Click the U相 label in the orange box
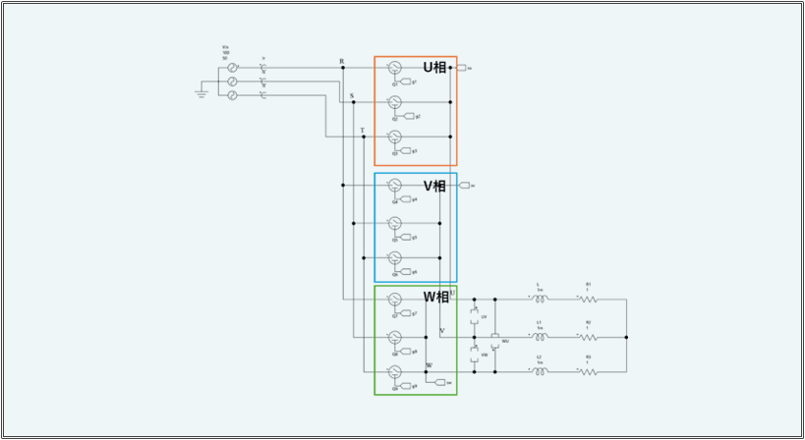pyautogui.click(x=434, y=67)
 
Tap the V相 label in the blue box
pyautogui.click(x=434, y=186)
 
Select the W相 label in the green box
pyautogui.click(x=435, y=297)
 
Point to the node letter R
pyautogui.click(x=341, y=62)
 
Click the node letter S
pyautogui.click(x=351, y=95)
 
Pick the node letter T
pyautogui.click(x=362, y=130)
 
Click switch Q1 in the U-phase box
pyautogui.click(x=394, y=68)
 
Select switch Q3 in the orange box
pyautogui.click(x=394, y=137)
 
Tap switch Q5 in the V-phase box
pyautogui.click(x=394, y=223)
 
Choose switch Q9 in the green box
pyautogui.click(x=394, y=371)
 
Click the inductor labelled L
pyautogui.click(x=539, y=298)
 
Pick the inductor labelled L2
pyautogui.click(x=539, y=371)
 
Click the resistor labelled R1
pyautogui.click(x=588, y=298)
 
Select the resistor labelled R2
pyautogui.click(x=588, y=335)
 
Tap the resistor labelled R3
pyautogui.click(x=588, y=371)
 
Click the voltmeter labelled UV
pyautogui.click(x=475, y=316)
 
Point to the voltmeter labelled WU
pyautogui.click(x=495, y=341)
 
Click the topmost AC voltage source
pyautogui.click(x=233, y=68)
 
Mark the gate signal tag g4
pyautogui.click(x=405, y=199)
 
